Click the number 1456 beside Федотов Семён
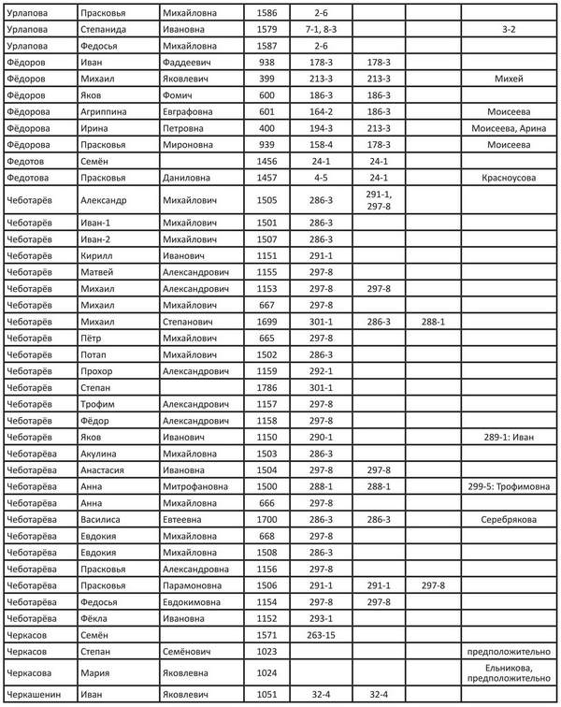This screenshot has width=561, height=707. tap(266, 162)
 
